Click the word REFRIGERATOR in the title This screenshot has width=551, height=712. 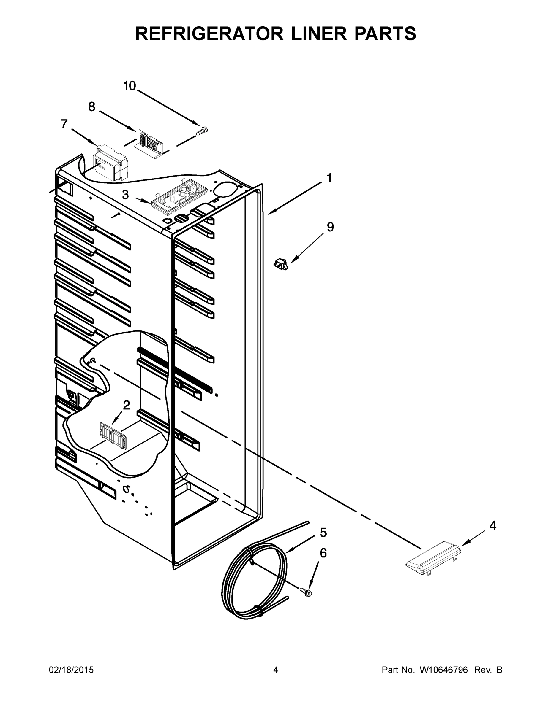coord(209,33)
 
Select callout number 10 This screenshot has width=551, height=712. coord(129,86)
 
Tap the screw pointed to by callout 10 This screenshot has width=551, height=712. coord(202,131)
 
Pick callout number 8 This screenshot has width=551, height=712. coord(92,107)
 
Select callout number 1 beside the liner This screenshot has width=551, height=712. coord(329,178)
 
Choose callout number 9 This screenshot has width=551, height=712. coord(330,227)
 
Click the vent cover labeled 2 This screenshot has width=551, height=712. coord(113,436)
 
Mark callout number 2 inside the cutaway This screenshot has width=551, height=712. coord(126,405)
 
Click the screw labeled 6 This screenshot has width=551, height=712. coord(306,592)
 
